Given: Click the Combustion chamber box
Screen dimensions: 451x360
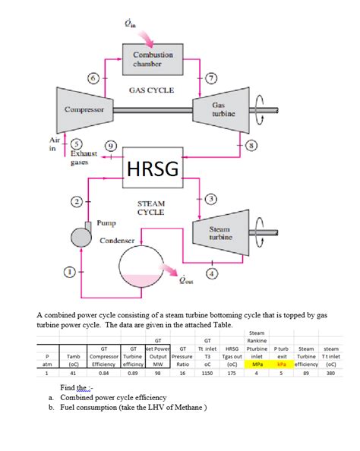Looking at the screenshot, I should pyautogui.click(x=153, y=60).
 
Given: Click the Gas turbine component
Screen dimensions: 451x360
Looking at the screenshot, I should pyautogui.click(x=223, y=110).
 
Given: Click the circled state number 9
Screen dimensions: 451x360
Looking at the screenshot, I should pyautogui.click(x=112, y=146).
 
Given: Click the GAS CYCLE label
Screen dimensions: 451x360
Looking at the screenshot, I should pyautogui.click(x=151, y=90).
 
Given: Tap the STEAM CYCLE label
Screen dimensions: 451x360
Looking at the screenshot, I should pyautogui.click(x=151, y=208).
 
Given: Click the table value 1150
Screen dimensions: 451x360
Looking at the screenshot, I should pyautogui.click(x=207, y=373).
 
